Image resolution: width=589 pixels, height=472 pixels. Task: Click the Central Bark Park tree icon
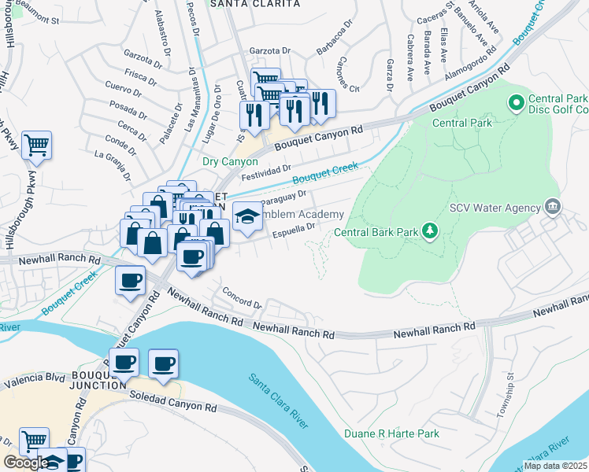(430, 230)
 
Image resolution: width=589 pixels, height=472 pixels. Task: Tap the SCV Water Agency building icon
(552, 207)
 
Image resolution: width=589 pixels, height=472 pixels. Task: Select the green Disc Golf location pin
(517, 101)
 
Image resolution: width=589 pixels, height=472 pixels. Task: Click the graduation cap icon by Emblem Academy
(246, 216)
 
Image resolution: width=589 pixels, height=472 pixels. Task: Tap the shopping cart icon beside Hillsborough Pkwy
(36, 145)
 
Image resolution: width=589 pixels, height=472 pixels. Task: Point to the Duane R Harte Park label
(391, 433)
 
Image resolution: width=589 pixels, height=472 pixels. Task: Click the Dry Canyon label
(230, 162)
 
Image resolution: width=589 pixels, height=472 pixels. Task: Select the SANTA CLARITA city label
(254, 4)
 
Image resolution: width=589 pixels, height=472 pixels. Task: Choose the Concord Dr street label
(241, 301)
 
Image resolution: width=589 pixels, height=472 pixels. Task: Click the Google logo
(25, 463)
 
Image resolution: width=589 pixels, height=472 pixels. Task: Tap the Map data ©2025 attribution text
(554, 465)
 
